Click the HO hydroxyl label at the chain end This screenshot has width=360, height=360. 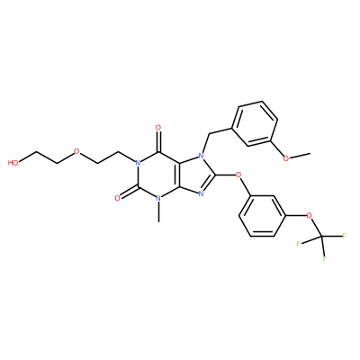pyautogui.click(x=13, y=163)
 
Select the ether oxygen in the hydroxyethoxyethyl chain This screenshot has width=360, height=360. pyautogui.click(x=76, y=151)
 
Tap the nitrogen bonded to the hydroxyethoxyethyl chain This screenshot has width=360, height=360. pyautogui.click(x=138, y=163)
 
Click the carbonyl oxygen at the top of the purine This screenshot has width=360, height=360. pyautogui.click(x=158, y=128)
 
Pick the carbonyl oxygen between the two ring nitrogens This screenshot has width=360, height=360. pyautogui.click(x=118, y=198)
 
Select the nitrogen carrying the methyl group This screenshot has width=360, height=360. pyautogui.click(x=158, y=198)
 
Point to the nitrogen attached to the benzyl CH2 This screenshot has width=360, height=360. pyautogui.click(x=202, y=156)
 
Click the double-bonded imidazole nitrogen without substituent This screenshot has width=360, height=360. pyautogui.click(x=202, y=193)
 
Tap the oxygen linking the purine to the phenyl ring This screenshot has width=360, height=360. pyautogui.click(x=239, y=174)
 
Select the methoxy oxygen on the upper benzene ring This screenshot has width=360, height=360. pyautogui.click(x=286, y=158)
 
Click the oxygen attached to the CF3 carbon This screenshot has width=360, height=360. pyautogui.click(x=310, y=215)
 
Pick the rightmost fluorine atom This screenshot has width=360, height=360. pyautogui.click(x=344, y=236)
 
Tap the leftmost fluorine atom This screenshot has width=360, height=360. pyautogui.click(x=299, y=243)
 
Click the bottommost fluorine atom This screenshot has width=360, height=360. pyautogui.click(x=325, y=259)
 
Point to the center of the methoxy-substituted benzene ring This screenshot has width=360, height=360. pyautogui.click(x=255, y=123)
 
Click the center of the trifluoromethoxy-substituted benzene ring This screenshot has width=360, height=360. pyautogui.click(x=263, y=215)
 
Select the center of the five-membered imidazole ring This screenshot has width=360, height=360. pyautogui.click(x=193, y=175)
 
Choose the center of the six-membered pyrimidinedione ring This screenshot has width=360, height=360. pyautogui.click(x=158, y=175)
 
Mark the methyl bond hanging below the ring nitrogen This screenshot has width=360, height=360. pyautogui.click(x=158, y=212)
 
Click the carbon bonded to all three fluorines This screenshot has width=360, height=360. pyautogui.click(x=321, y=237)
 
